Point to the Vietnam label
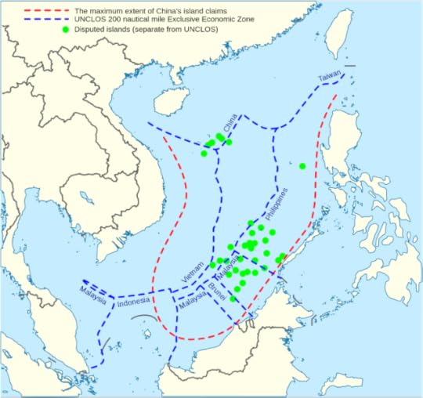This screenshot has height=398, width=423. (193, 270)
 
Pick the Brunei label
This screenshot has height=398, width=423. (217, 297)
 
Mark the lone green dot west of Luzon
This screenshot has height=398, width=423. (302, 165)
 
